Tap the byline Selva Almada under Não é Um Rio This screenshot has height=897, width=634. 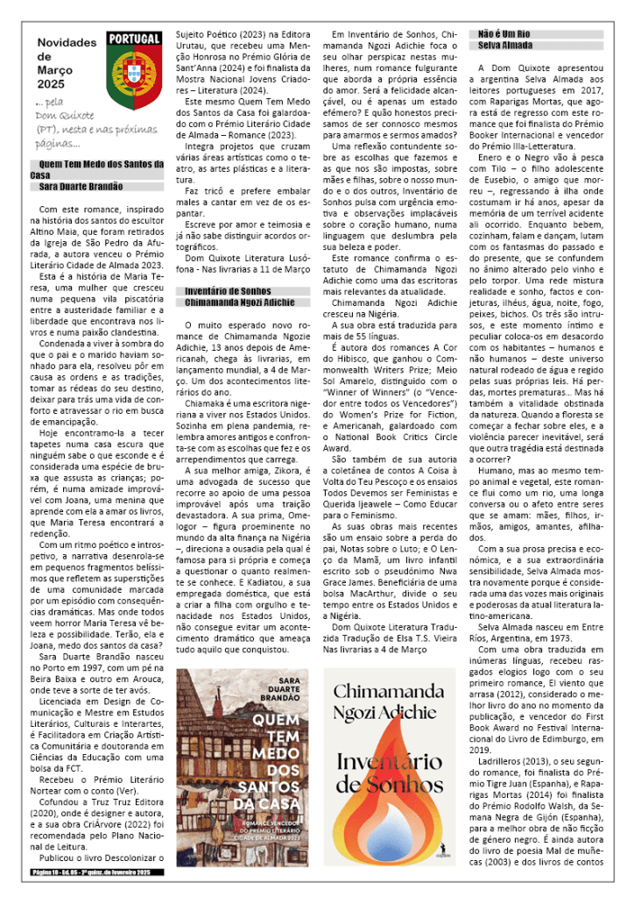coord(504,44)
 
